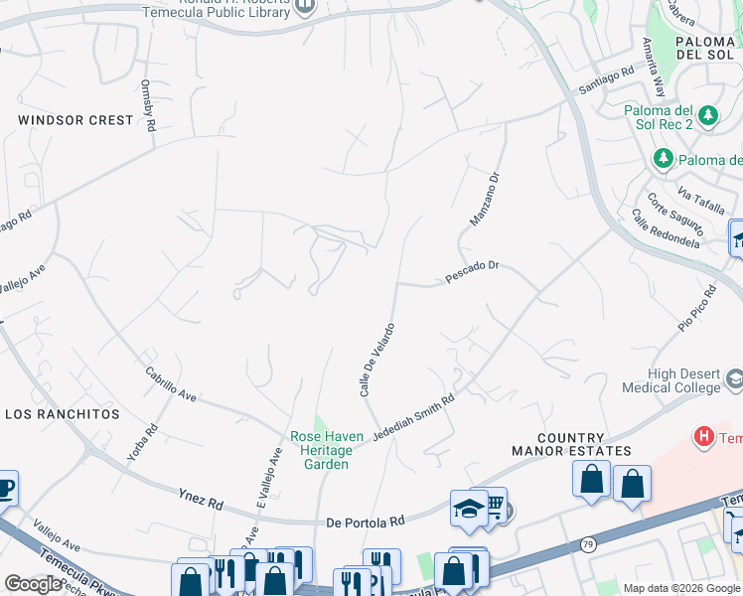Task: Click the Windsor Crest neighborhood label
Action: point(75,120)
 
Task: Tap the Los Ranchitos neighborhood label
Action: point(62,413)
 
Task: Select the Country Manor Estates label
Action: point(584,444)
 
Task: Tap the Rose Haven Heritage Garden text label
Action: point(319,450)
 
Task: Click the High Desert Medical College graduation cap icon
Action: point(733,379)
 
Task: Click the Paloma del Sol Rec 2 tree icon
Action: point(708,116)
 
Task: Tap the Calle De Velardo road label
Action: point(377,360)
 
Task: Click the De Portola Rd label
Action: point(366,521)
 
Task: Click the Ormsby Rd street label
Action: point(149,105)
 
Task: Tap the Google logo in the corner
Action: point(33,584)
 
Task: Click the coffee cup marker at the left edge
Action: point(5,489)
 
